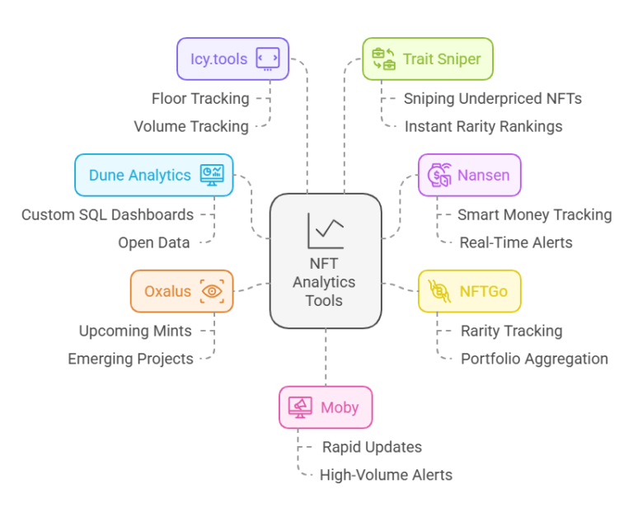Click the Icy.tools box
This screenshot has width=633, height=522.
[x=232, y=59]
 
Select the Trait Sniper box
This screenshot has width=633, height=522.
[x=427, y=59]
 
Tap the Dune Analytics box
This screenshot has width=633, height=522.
[x=153, y=175]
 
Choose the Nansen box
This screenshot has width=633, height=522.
[x=469, y=175]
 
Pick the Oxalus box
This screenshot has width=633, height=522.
[x=181, y=291]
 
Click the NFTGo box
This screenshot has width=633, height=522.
[x=469, y=291]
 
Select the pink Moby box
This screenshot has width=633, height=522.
[x=326, y=407]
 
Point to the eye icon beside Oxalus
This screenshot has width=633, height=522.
[x=213, y=291]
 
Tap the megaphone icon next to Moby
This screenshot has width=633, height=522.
[x=300, y=407]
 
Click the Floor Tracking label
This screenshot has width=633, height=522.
[x=200, y=99]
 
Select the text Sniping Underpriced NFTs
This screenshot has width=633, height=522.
[x=492, y=99]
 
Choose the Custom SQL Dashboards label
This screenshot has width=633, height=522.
[x=107, y=215]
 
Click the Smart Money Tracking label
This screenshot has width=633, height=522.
[x=534, y=215]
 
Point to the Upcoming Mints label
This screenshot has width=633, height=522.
[x=135, y=332]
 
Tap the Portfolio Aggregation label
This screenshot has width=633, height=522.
[x=534, y=359]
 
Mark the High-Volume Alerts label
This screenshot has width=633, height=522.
[x=386, y=475]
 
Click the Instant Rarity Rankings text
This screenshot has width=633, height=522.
[x=483, y=127]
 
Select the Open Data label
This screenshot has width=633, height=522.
[x=153, y=243]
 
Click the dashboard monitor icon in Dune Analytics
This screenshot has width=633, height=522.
[x=212, y=175]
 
